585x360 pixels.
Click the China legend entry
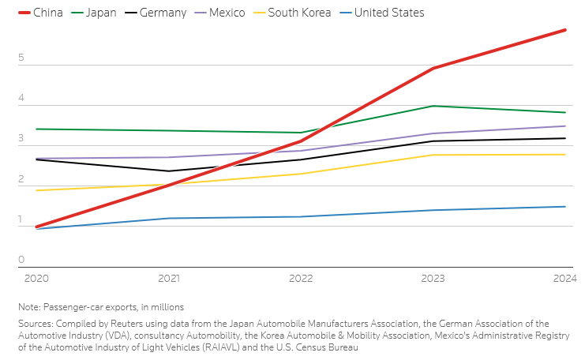[39, 13]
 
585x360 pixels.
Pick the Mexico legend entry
[222, 13]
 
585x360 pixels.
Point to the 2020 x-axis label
[36, 279]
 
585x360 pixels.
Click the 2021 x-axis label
[168, 279]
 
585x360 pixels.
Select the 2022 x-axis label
[301, 279]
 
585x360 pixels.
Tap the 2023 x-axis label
[433, 279]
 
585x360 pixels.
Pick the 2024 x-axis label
[564, 279]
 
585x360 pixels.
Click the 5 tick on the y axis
[21, 59]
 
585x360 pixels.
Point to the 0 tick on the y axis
[21, 260]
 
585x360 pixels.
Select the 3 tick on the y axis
[21, 140]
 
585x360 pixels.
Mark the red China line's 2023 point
[433, 69]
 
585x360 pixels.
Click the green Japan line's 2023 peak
[433, 106]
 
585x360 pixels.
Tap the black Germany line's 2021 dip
[168, 171]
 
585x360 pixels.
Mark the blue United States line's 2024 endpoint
[565, 207]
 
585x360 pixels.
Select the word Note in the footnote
[30, 306]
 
